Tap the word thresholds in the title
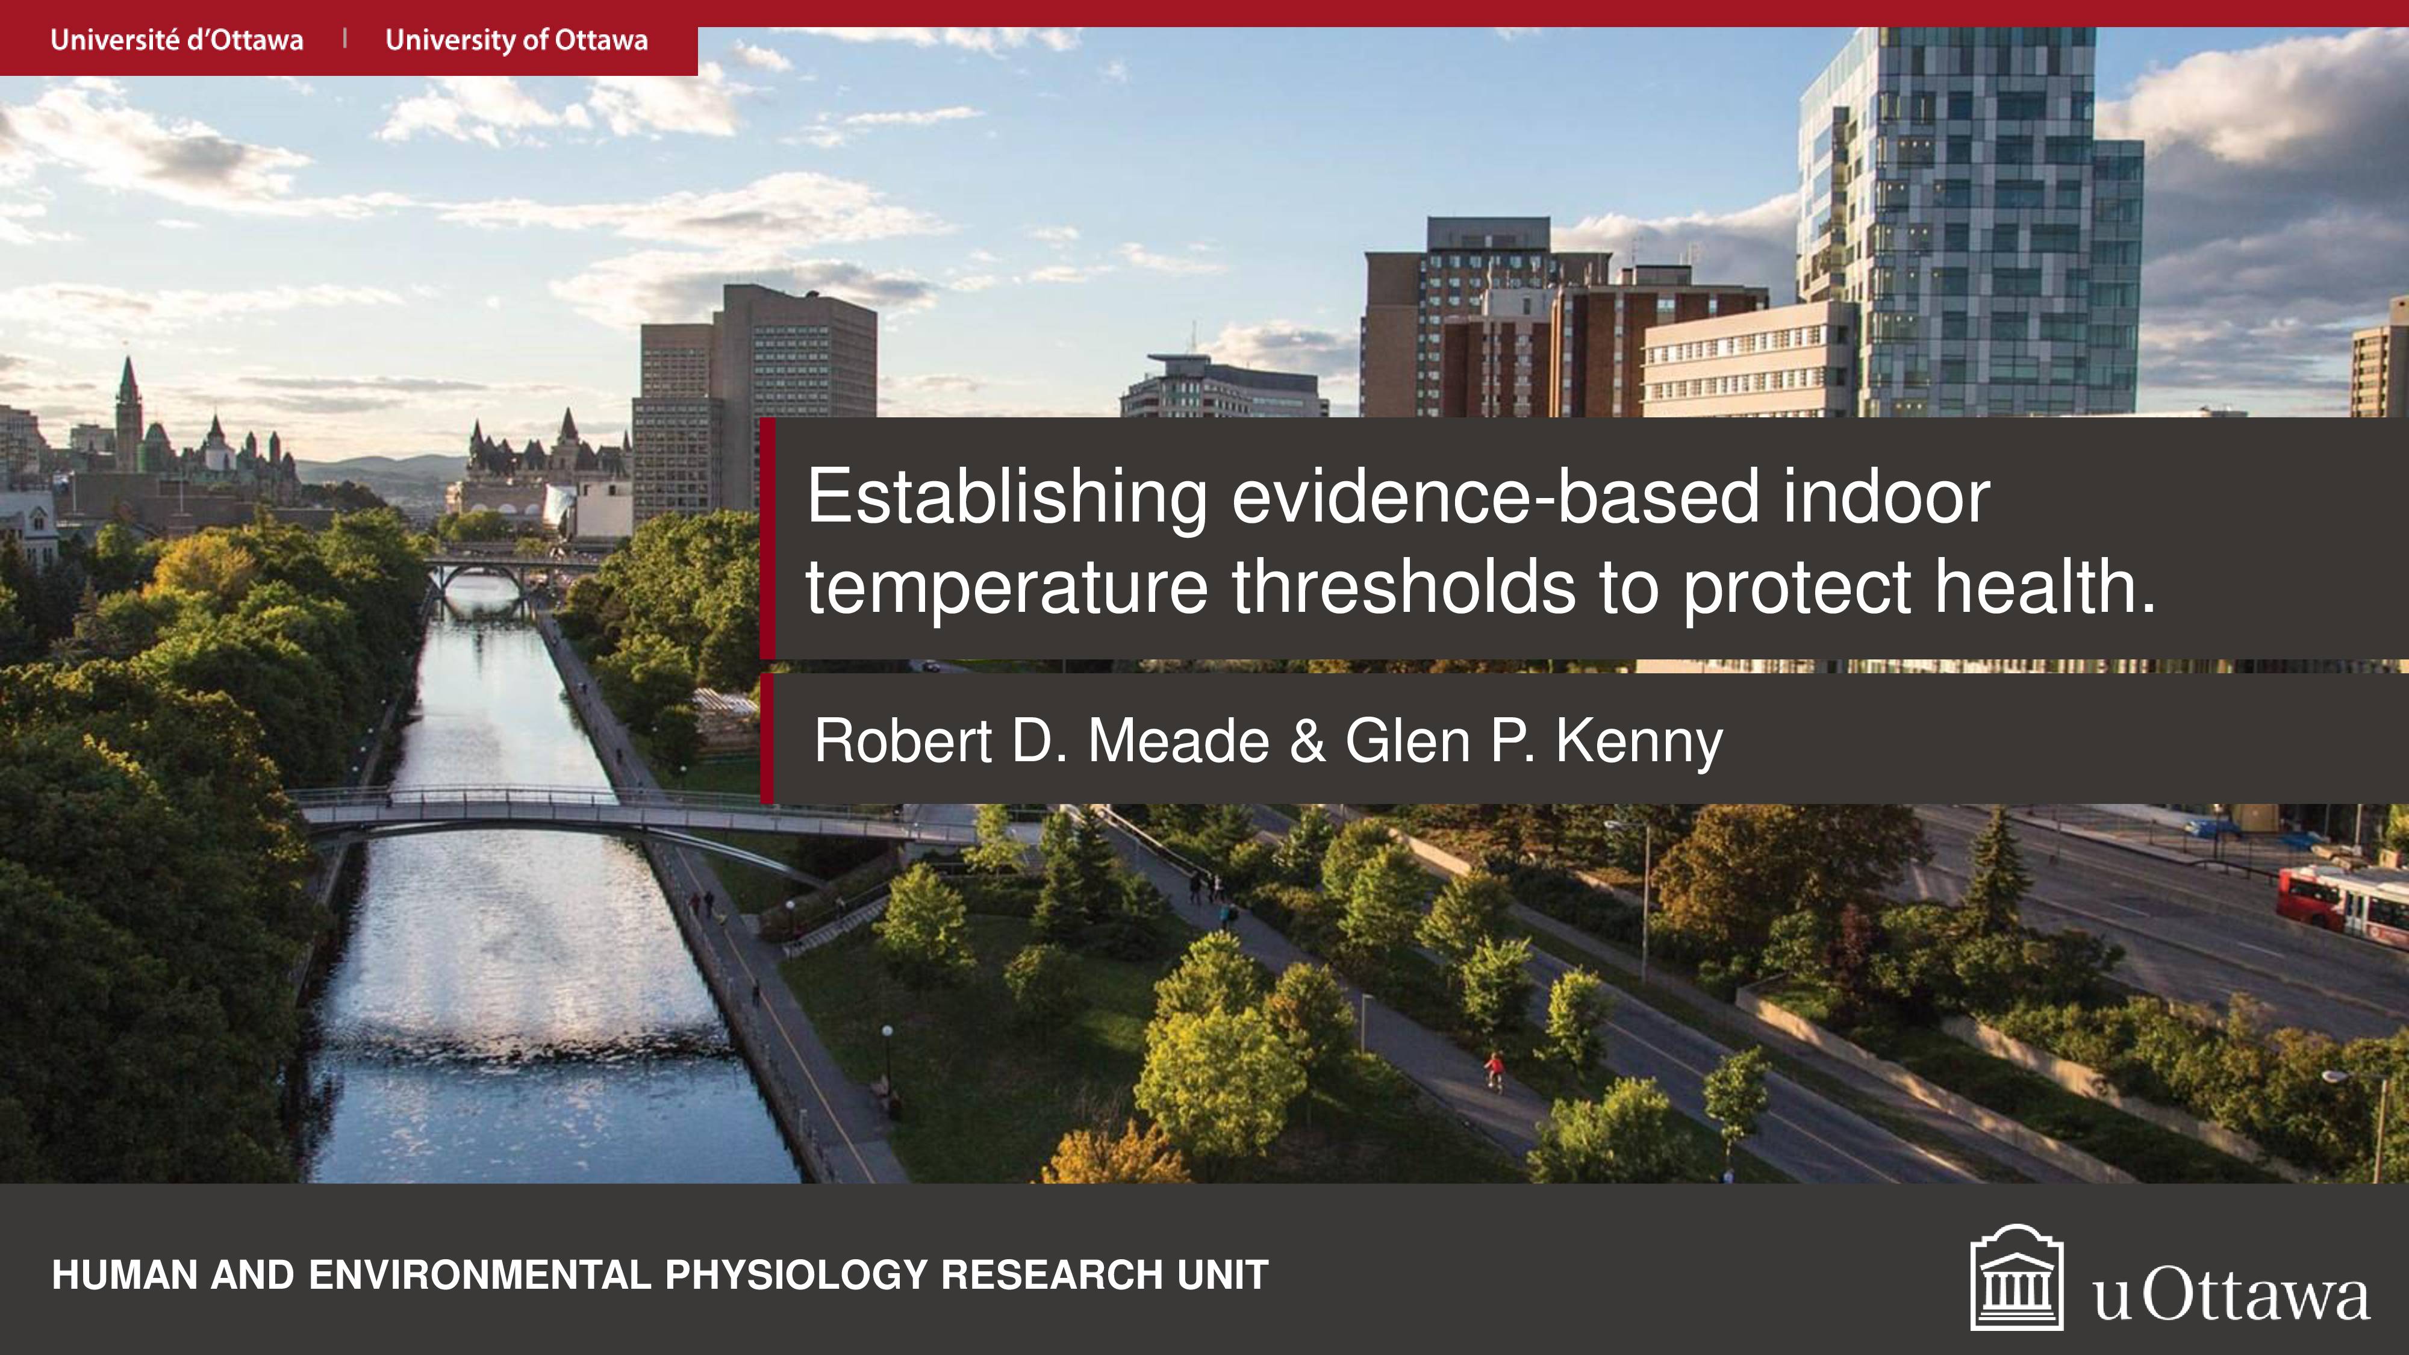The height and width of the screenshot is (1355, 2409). click(1403, 587)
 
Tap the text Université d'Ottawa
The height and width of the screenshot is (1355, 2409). click(176, 40)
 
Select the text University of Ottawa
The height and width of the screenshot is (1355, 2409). click(516, 40)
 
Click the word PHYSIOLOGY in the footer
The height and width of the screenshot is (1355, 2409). click(795, 1276)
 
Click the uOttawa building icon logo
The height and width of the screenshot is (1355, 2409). click(2016, 1277)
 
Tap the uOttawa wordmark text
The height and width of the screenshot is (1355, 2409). click(2230, 1295)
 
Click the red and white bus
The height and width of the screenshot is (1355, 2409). click(2343, 899)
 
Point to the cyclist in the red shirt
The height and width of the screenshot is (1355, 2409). click(1494, 1071)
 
